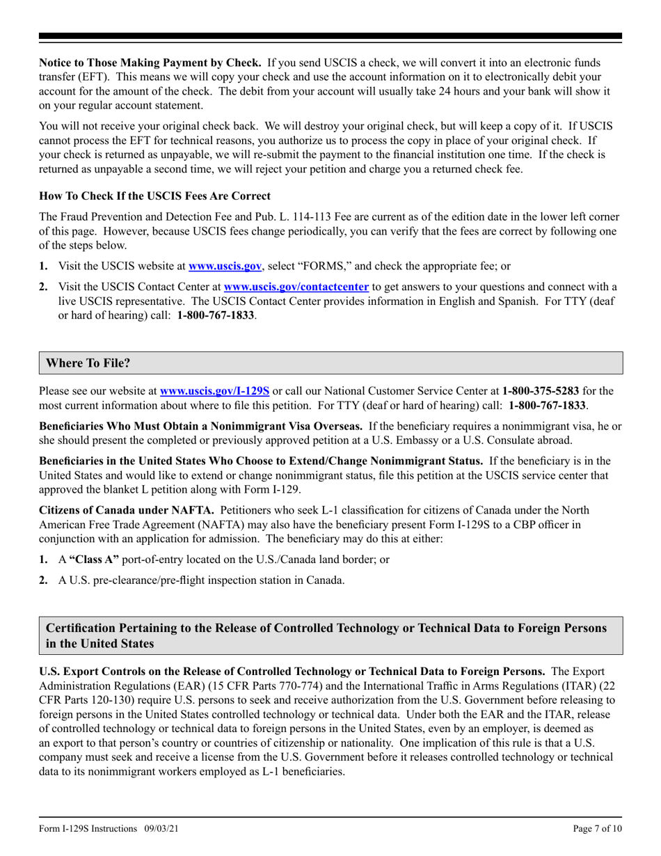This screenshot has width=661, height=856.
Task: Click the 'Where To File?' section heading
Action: click(88, 363)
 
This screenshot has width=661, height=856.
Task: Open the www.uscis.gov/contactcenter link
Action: click(296, 286)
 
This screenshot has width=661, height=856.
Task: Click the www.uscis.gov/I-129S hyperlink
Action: click(214, 391)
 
